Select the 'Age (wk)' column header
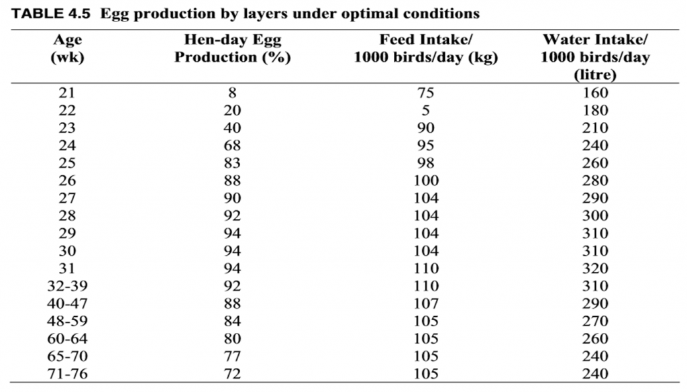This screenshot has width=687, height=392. click(67, 48)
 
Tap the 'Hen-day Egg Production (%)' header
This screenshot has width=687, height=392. click(232, 48)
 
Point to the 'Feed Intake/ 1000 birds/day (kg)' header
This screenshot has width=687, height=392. click(425, 48)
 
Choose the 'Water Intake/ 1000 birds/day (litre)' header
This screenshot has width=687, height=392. click(595, 57)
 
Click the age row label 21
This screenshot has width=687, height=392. click(67, 93)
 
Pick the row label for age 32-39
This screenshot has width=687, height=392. click(67, 286)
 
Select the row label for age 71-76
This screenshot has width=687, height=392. click(67, 374)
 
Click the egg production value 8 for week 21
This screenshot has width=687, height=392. click(232, 93)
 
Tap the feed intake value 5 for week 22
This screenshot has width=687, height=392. click(425, 111)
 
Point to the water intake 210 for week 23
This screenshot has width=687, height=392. click(595, 128)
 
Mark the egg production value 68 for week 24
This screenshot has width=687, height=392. click(232, 146)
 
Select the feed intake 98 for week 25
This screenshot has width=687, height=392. click(425, 163)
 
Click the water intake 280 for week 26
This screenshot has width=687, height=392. click(595, 181)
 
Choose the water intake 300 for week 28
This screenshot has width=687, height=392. click(595, 216)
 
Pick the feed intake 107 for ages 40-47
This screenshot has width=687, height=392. click(425, 303)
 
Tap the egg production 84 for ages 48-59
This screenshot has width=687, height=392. click(232, 321)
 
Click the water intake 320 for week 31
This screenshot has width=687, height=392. click(595, 268)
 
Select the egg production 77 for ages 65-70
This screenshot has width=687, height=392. click(232, 356)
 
